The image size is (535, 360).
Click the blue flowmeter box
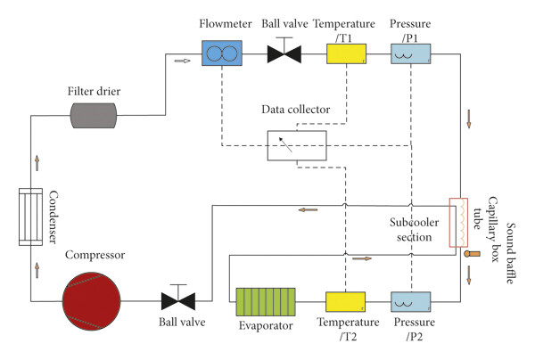222,53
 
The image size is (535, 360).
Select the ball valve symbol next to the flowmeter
284,51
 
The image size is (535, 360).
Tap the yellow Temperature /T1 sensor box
346,53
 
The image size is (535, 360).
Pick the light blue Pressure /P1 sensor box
410,53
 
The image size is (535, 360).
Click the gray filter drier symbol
94,116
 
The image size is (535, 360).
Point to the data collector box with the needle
297,145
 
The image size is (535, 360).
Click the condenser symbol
30,217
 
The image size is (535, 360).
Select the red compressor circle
92,301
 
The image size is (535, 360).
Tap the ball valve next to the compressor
178,298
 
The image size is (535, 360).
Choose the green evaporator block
266,302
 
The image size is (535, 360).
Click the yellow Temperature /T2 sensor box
345,302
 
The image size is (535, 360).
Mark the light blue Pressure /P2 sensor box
410,302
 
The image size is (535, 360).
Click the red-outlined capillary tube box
458,222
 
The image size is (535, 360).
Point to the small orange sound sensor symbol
473,254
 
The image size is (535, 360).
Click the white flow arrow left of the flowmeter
182,61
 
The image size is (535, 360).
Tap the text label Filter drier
94,92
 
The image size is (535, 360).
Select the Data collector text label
295,110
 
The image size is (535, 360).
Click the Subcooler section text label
415,229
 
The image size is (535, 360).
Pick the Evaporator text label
266,325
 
